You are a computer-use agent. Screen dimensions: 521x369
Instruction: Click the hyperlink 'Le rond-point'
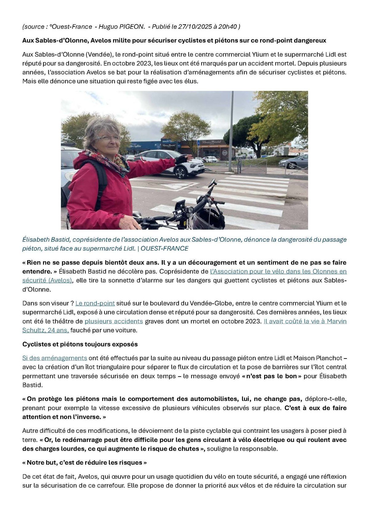point(95,303)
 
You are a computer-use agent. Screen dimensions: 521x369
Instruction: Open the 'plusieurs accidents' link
point(114,321)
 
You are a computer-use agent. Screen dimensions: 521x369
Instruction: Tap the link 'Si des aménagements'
point(55,358)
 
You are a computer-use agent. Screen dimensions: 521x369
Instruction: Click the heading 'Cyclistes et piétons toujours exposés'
point(80,344)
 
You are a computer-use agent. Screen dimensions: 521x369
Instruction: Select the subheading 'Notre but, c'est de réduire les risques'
point(85,462)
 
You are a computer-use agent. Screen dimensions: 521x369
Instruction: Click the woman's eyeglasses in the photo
point(108,139)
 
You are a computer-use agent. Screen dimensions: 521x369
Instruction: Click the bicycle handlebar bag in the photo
point(209,217)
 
